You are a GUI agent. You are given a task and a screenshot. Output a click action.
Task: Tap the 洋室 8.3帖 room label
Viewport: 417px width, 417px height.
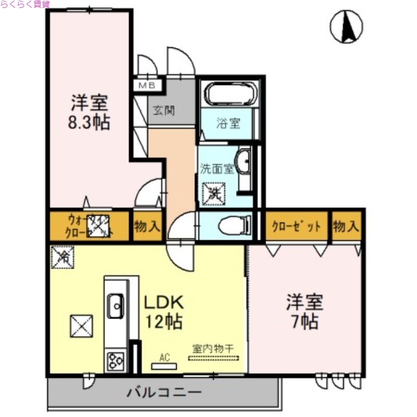click(x=90, y=112)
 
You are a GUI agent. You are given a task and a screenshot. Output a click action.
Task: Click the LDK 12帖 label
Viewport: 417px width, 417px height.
click(x=163, y=312)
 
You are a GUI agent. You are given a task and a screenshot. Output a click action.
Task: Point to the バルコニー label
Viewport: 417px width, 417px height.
click(x=164, y=391)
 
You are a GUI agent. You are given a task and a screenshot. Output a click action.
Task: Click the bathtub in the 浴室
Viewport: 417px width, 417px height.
click(x=230, y=94)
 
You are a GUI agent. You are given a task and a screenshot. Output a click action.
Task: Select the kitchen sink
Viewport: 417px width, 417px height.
click(x=115, y=305)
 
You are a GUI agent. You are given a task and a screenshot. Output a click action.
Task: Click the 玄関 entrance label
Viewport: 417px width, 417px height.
click(x=163, y=111)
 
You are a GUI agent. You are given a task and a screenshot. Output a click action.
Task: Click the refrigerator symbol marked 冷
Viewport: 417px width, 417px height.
click(x=64, y=255)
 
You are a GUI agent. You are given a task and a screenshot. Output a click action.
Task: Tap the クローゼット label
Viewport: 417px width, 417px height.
click(x=296, y=227)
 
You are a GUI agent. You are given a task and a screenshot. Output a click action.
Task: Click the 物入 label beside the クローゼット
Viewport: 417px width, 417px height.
click(x=346, y=227)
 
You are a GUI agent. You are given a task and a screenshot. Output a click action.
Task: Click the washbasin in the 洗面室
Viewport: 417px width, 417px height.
click(x=243, y=162)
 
